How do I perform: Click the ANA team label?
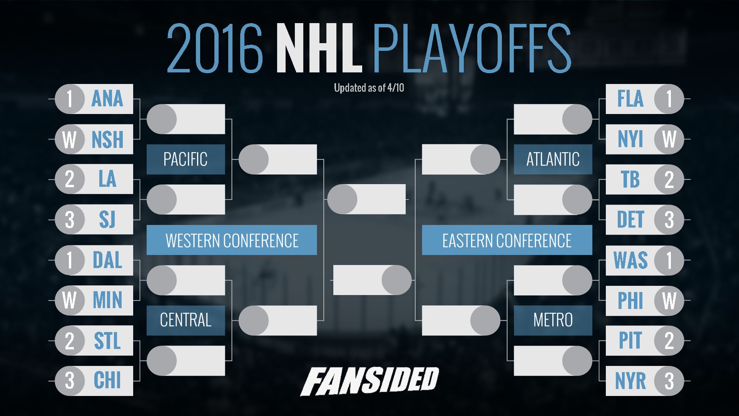pyautogui.click(x=107, y=99)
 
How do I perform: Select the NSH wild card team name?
pyautogui.click(x=107, y=139)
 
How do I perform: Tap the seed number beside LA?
pyautogui.click(x=70, y=179)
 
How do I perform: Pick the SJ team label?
pyautogui.click(x=107, y=220)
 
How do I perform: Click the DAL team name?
pyautogui.click(x=107, y=260)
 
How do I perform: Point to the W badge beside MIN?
pyautogui.click(x=70, y=300)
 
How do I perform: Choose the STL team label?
pyautogui.click(x=107, y=341)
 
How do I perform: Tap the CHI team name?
pyautogui.click(x=107, y=381)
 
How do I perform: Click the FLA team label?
pyautogui.click(x=630, y=99)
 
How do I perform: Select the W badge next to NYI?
pyautogui.click(x=669, y=139)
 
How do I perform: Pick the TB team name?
pyautogui.click(x=630, y=179)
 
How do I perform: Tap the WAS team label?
pyautogui.click(x=630, y=260)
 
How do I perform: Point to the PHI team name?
pyautogui.click(x=630, y=300)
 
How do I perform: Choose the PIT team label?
pyautogui.click(x=630, y=341)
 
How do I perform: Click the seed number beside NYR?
pyautogui.click(x=669, y=381)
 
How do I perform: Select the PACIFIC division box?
pyautogui.click(x=186, y=159)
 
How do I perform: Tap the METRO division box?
pyautogui.click(x=553, y=320)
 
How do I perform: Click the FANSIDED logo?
pyautogui.click(x=369, y=381)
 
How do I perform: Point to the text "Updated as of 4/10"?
pyautogui.click(x=369, y=88)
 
